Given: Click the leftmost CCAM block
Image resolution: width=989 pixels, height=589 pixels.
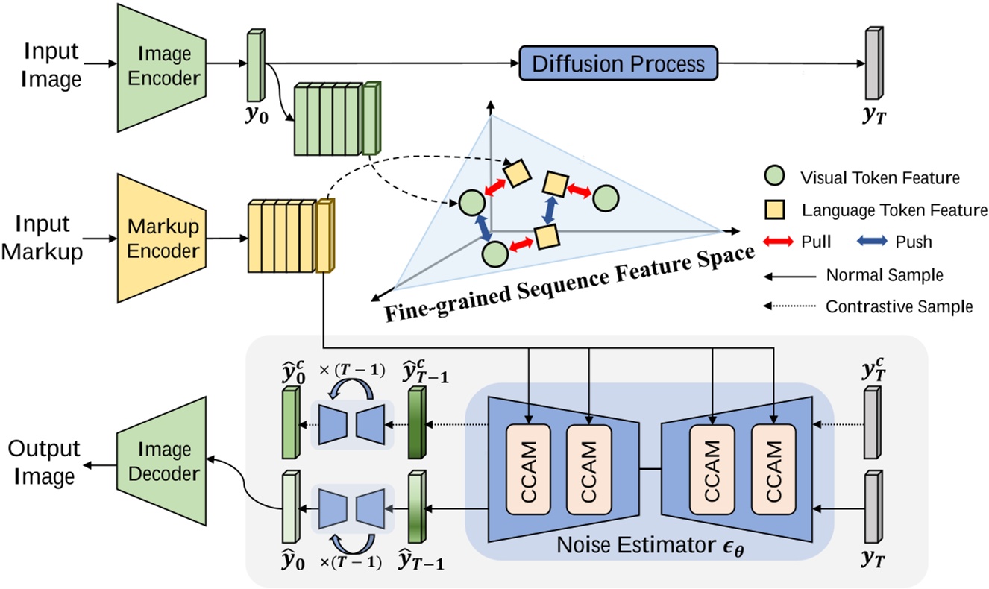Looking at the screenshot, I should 528,470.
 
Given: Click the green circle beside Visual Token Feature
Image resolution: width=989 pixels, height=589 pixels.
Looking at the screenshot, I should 775,178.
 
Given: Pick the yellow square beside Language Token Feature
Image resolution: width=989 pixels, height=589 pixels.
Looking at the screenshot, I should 775,210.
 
